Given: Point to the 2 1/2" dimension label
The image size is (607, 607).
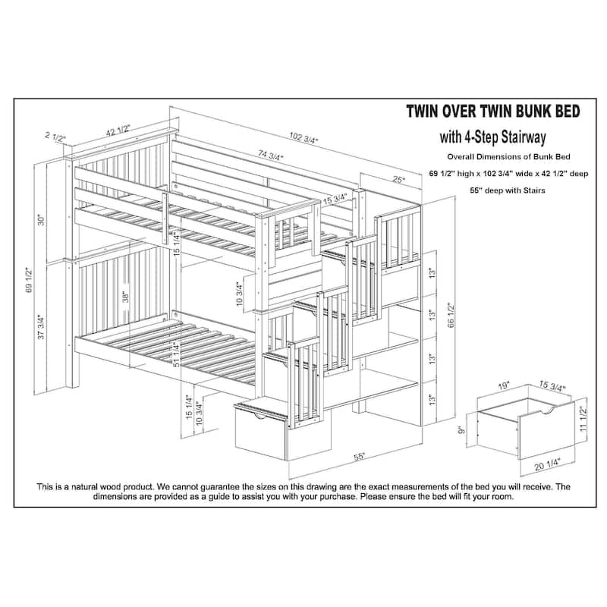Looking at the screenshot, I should click(x=55, y=139).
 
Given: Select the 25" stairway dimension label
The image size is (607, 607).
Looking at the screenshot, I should click(x=398, y=181).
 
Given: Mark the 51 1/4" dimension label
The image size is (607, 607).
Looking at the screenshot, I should click(x=176, y=354).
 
